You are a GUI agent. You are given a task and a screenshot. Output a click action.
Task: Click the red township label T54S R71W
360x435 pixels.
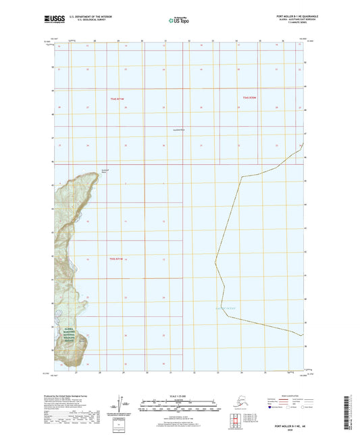(x=117, y=99)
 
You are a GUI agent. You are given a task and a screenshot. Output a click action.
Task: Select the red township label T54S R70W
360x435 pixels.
(x=250, y=98)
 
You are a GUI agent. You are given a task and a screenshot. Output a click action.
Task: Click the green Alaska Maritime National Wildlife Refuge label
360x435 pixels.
(x=66, y=331)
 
